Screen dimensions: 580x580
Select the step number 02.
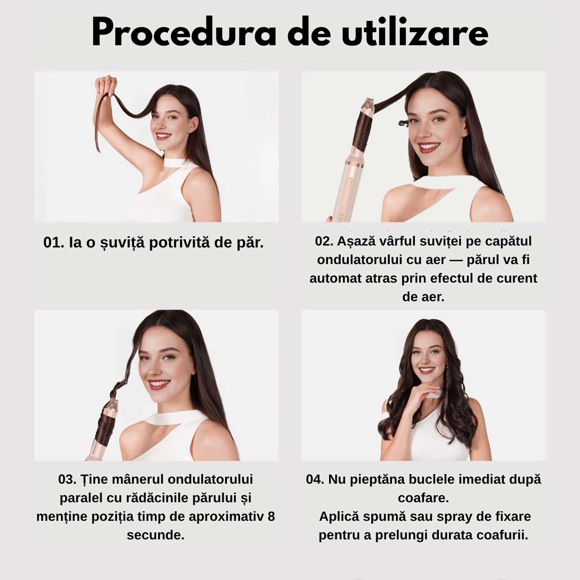[x=324, y=241]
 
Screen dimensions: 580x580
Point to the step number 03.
[x=67, y=479]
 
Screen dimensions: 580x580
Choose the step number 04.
[x=315, y=479]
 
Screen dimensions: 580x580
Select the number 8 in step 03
[x=271, y=516]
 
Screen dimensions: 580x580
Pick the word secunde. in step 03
[x=156, y=535]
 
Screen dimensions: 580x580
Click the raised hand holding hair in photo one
[x=106, y=85]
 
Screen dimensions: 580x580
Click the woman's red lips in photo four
[x=426, y=370]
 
